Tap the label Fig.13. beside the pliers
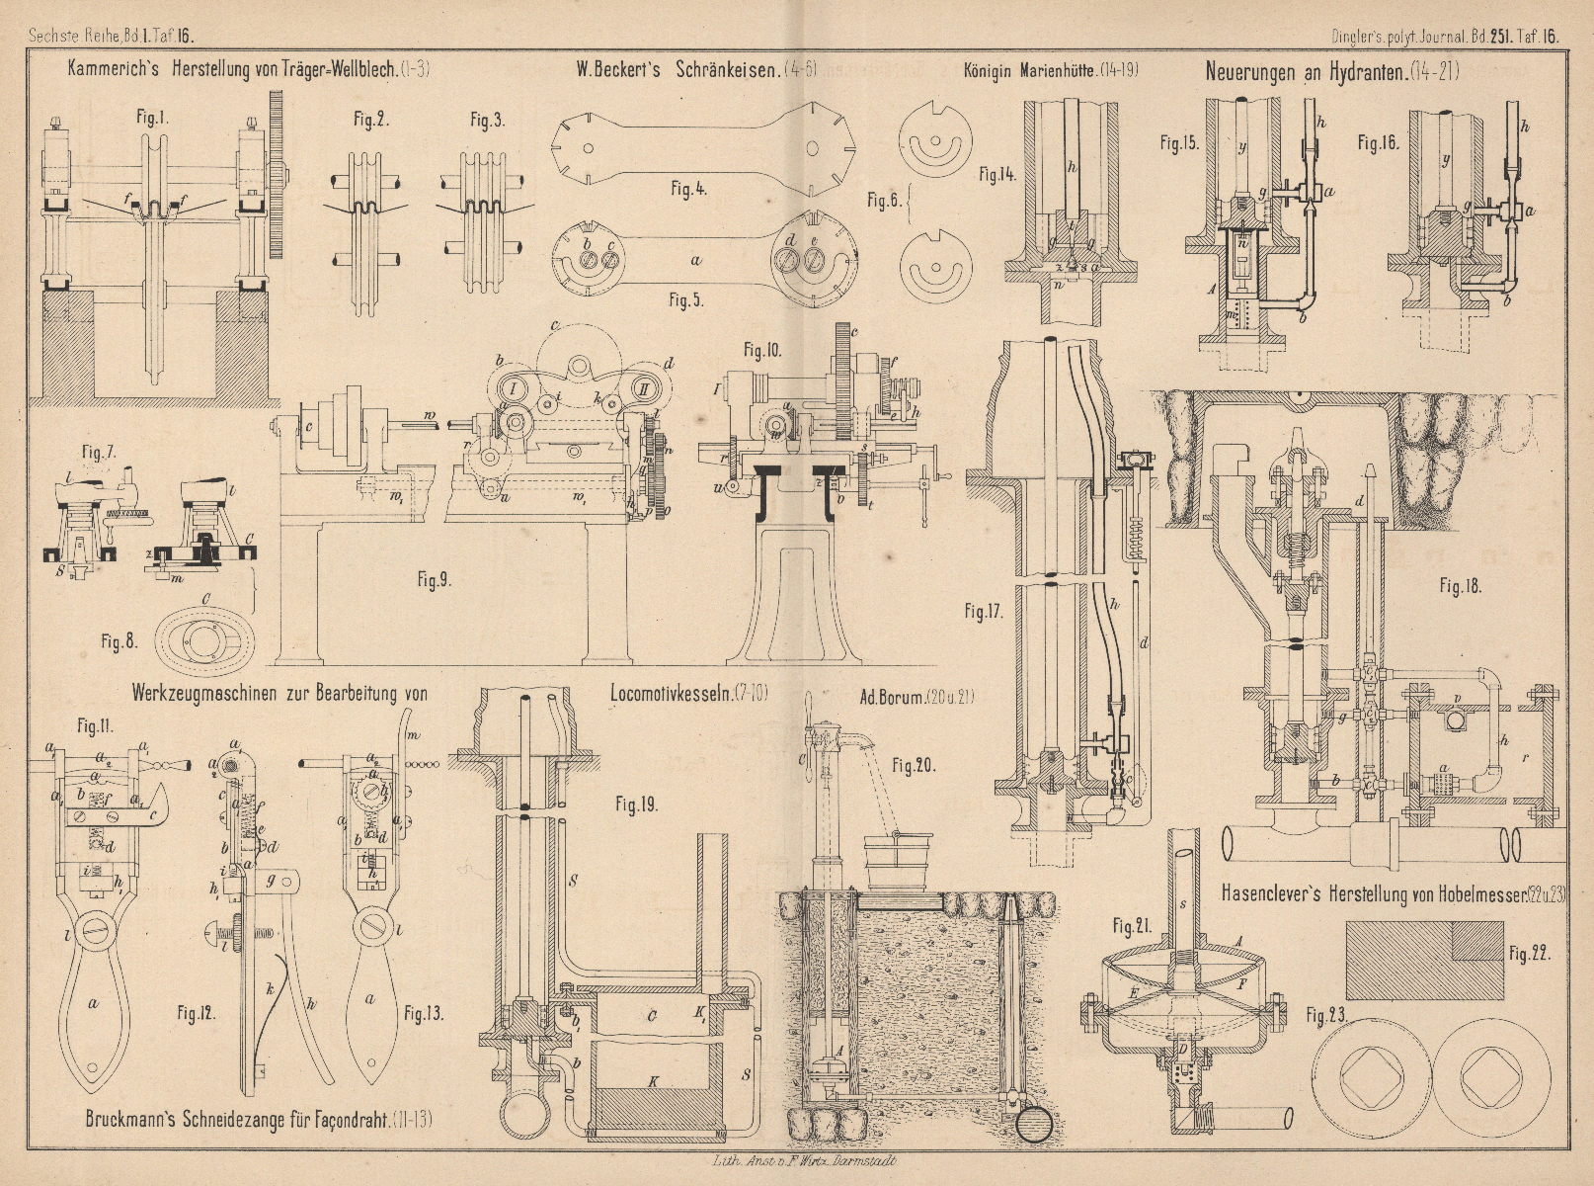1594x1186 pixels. [425, 1013]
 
